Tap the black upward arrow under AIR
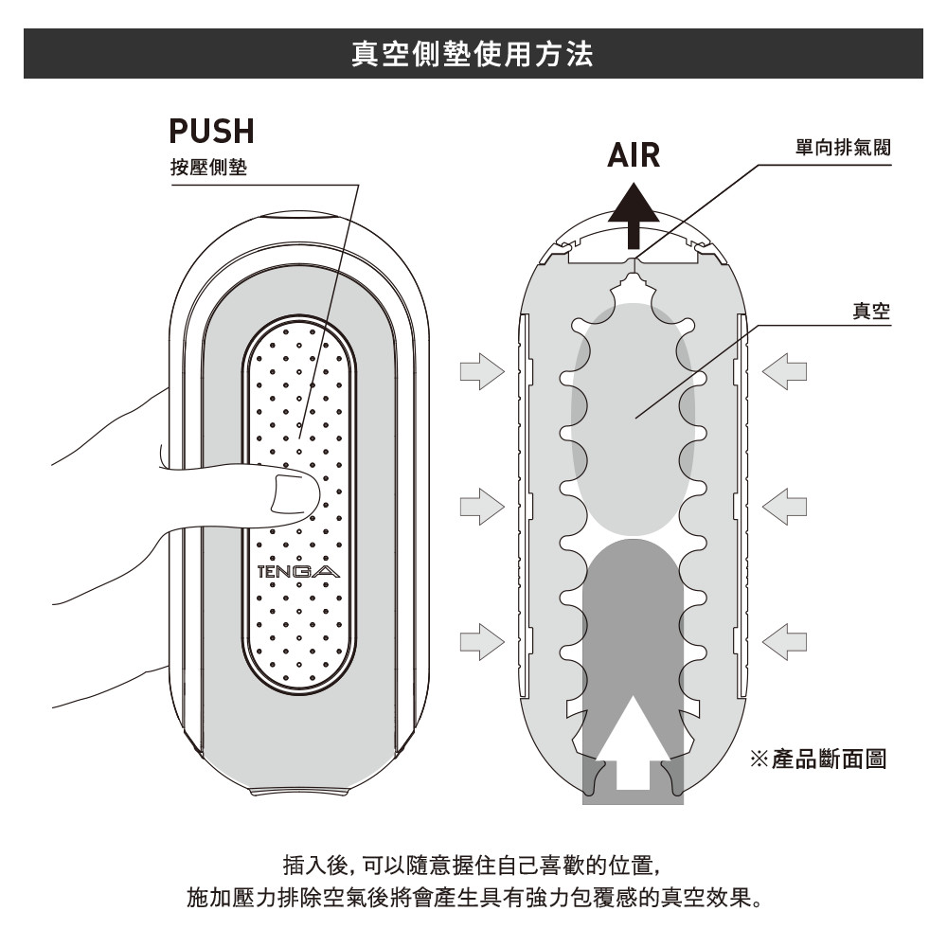click(x=634, y=215)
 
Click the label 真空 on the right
click(x=870, y=312)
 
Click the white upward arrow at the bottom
click(x=633, y=743)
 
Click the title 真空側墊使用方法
click(x=473, y=53)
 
